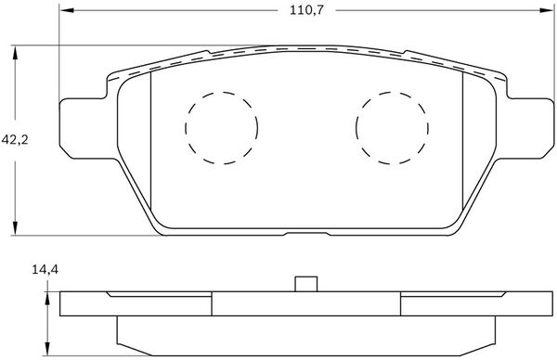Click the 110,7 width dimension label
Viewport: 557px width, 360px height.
[307, 10]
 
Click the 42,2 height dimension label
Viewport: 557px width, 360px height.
[15, 139]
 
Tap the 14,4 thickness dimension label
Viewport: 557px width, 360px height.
[45, 270]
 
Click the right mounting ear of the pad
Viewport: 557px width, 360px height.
[525, 128]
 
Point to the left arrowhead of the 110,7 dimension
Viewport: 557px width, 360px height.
[67, 10]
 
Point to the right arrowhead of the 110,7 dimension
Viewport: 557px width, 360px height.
[547, 10]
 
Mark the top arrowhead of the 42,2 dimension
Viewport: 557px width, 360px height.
[15, 53]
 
